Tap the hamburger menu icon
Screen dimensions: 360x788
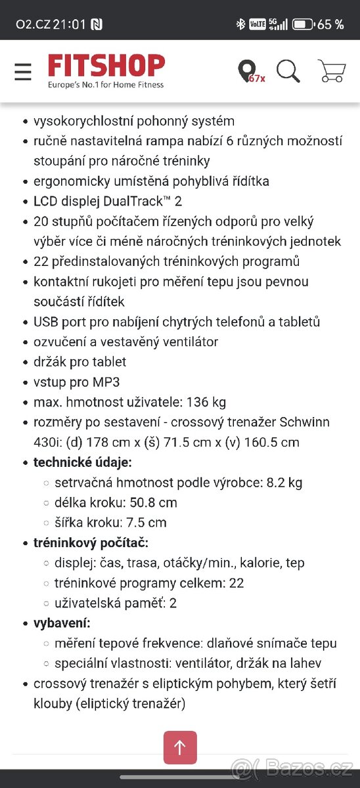point(23,72)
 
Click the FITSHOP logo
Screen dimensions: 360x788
point(106,66)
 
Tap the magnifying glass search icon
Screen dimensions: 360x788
point(288,71)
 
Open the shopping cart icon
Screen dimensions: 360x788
point(331,71)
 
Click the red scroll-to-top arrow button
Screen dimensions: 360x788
point(180,747)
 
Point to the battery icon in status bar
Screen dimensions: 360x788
point(303,24)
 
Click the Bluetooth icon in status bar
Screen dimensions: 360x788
point(240,24)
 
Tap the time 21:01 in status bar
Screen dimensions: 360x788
point(70,24)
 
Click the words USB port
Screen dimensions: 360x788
point(61,322)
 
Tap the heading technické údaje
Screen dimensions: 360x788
point(83,462)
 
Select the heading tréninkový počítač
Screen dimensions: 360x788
point(91,542)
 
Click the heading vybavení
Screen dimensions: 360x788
point(62,623)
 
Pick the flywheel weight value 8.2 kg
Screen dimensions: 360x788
point(284,483)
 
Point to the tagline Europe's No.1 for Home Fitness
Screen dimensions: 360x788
point(106,85)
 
